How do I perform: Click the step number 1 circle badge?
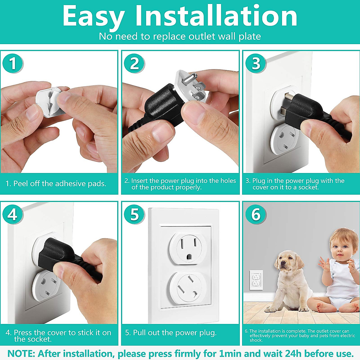[13, 63]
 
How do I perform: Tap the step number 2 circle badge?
[134, 63]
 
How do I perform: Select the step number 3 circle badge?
[256, 63]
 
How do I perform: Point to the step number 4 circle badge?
[13, 214]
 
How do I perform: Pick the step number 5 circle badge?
[134, 214]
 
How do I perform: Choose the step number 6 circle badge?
[256, 214]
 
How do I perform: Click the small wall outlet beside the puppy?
[256, 280]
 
